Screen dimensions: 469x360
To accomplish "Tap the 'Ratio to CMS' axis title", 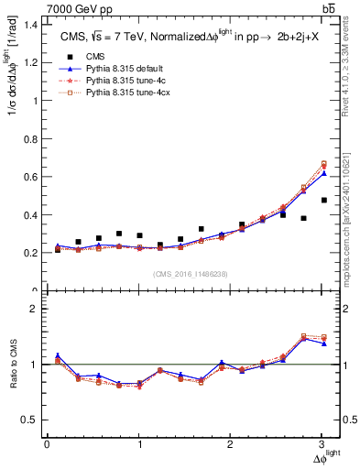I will click(x=12, y=376).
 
